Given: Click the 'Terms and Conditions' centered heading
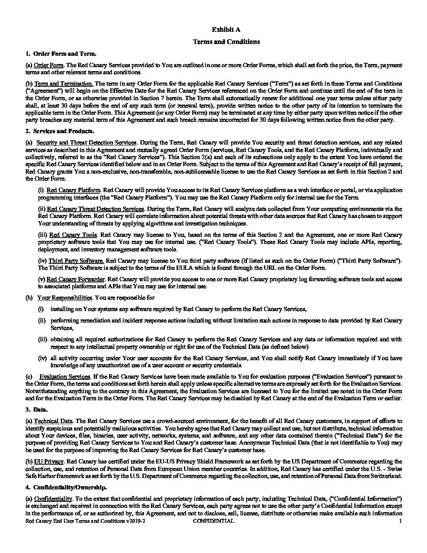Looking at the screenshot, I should point(226,42).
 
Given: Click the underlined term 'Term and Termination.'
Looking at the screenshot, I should point(64,84).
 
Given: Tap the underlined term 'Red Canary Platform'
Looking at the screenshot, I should point(73,190).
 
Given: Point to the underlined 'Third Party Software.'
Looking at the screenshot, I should point(76,261).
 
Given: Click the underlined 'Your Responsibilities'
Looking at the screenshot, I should point(65,298).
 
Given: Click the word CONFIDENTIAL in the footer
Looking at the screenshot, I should point(213,521).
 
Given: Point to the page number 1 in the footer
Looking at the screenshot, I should point(400,521).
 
